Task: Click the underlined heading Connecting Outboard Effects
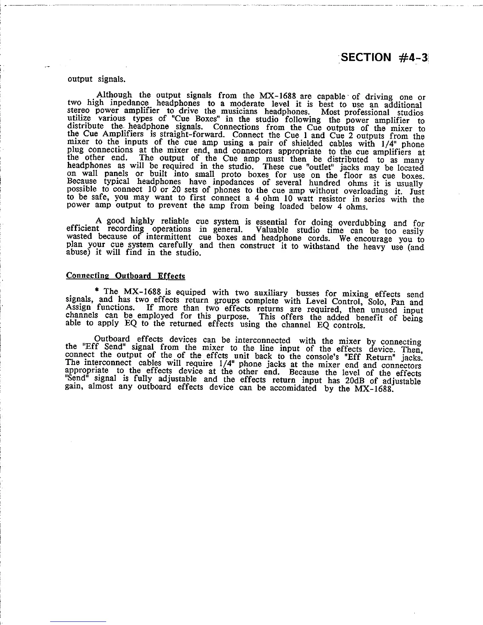(125, 276)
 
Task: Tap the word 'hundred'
(325, 183)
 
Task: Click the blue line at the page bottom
(78, 621)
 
